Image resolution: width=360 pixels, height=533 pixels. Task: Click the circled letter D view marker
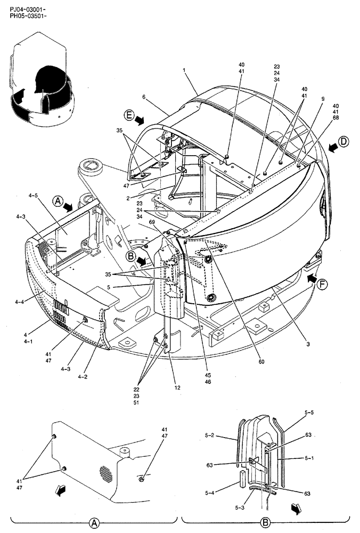(344, 142)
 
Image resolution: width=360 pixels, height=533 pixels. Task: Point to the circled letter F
(322, 285)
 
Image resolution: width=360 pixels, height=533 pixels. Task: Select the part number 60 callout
(261, 361)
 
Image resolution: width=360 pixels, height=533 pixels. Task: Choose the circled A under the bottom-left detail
(94, 521)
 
